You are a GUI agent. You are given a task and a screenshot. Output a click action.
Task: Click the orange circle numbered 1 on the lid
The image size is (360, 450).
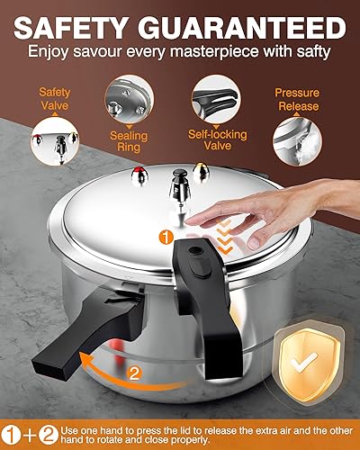pos(165,236)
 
